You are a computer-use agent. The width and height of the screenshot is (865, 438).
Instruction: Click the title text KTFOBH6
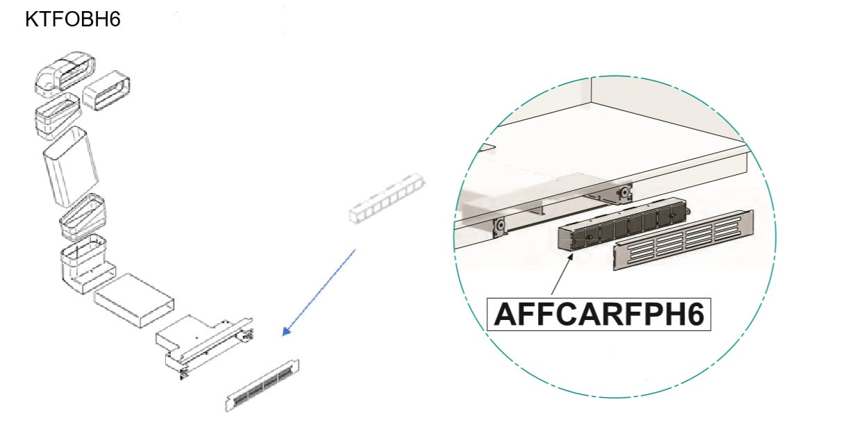click(73, 19)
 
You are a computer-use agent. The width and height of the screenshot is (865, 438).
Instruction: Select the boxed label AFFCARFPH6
click(598, 314)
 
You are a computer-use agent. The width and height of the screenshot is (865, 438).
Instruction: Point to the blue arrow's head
click(286, 331)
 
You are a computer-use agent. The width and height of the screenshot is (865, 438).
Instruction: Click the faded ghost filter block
click(387, 198)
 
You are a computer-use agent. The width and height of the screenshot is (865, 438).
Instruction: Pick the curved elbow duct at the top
click(65, 74)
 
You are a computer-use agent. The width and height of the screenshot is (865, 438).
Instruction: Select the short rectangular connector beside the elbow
click(106, 90)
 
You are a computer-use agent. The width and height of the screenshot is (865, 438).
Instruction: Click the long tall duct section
click(71, 166)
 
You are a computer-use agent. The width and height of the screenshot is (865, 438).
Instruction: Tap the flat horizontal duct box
click(134, 301)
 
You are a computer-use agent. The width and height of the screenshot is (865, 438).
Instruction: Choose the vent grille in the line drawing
click(262, 385)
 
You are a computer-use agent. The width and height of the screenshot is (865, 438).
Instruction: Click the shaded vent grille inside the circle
click(683, 240)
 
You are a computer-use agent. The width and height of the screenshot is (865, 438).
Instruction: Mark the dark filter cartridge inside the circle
click(623, 225)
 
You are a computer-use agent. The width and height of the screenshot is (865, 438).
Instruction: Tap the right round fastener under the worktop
click(623, 192)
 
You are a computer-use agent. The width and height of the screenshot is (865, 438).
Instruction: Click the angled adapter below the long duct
click(83, 217)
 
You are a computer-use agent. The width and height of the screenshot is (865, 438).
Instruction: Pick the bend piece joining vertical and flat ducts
click(87, 262)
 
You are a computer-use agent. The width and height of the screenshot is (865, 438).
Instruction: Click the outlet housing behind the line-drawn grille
click(205, 346)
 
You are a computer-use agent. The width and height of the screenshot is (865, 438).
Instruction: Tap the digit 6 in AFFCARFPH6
click(694, 314)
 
